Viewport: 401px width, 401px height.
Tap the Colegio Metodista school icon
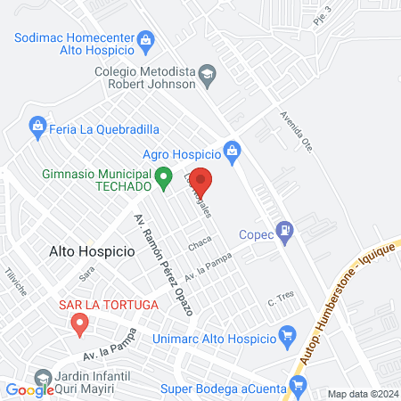point(207,73)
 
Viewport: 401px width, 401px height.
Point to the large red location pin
point(200,181)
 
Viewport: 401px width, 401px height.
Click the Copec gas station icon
point(285,230)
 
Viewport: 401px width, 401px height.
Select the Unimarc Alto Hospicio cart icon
point(286,336)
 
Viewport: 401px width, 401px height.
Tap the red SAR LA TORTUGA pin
point(80,325)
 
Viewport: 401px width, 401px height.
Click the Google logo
point(30,389)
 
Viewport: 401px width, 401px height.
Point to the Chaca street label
point(198,242)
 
